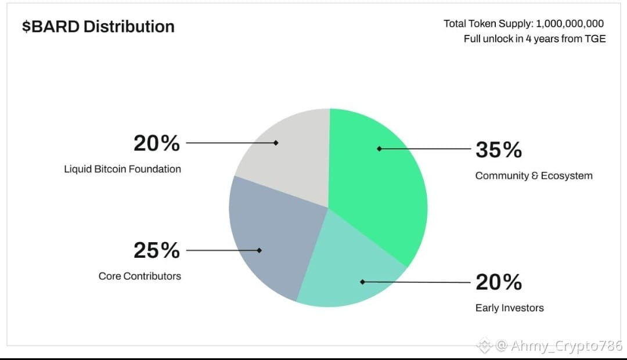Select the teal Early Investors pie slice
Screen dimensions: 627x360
(x=348, y=272)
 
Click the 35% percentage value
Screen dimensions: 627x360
(x=499, y=150)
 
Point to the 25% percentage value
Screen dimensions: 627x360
(x=157, y=250)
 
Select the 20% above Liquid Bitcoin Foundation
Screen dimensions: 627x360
(x=157, y=143)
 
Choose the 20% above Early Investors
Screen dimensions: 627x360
(x=499, y=282)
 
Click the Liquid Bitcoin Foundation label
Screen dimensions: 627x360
(x=122, y=169)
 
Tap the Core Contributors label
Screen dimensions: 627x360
(x=139, y=276)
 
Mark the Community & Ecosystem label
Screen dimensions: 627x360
(x=534, y=175)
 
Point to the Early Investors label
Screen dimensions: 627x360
(x=510, y=308)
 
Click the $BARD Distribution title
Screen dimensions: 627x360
(x=98, y=27)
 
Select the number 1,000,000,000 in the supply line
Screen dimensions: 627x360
(x=570, y=24)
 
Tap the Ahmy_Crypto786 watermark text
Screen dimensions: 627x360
(x=567, y=345)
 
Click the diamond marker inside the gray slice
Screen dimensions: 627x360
(x=276, y=143)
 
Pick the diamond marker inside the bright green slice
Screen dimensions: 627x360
(x=379, y=149)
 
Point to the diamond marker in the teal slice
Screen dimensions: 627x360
(x=362, y=282)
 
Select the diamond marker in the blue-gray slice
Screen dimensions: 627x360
(x=259, y=250)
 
